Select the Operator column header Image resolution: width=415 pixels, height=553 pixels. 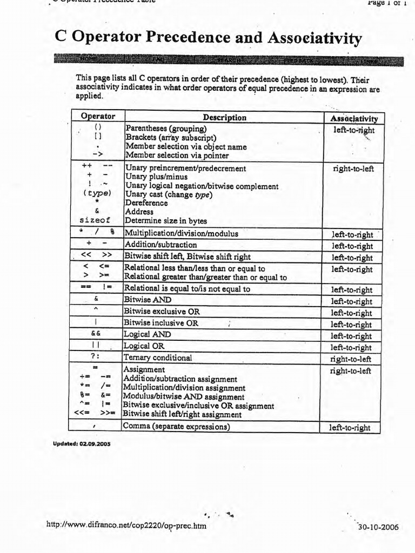[98, 117]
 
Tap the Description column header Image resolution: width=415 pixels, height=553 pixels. [224, 117]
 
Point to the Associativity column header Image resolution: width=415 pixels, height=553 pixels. [354, 118]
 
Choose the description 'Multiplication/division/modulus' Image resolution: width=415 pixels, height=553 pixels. [181, 234]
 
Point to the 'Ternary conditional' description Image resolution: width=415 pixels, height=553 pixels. [158, 358]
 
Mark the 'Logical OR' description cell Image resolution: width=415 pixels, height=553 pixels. [144, 346]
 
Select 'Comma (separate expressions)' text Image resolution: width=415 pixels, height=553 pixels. [177, 426]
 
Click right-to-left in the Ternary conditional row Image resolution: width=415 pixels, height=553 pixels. [351, 359]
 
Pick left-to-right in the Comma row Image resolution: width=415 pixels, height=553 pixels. [351, 428]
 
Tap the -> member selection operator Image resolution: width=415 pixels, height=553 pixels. [98, 155]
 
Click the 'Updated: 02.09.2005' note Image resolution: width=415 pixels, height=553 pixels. [82, 444]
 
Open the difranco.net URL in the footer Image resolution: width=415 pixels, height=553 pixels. [127, 525]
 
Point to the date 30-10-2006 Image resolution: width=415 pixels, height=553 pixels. [378, 527]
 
